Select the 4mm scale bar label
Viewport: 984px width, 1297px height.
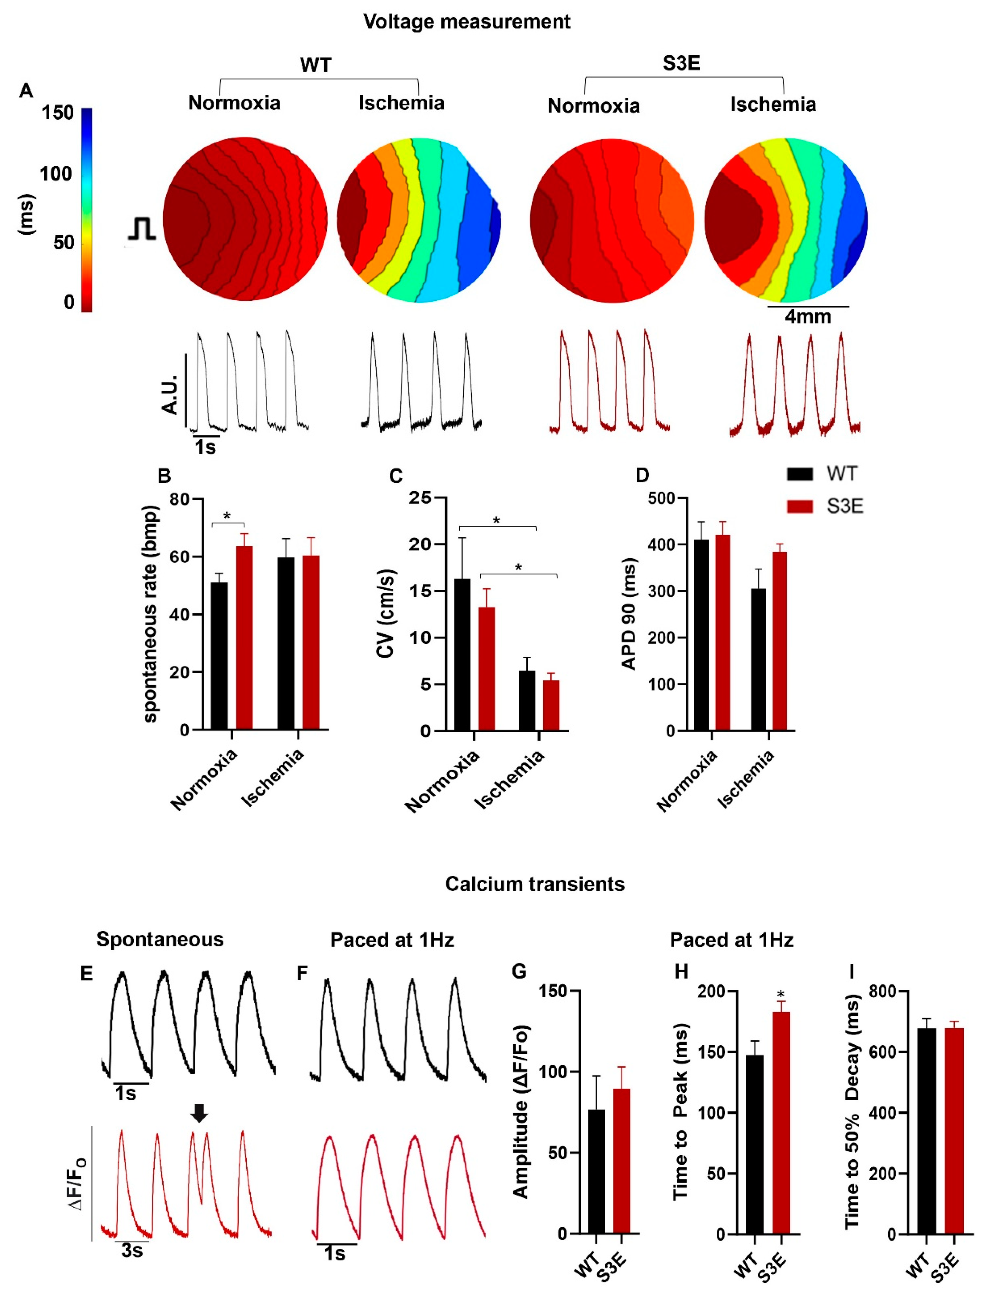coord(808,317)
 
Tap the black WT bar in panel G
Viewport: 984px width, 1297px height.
coord(597,1171)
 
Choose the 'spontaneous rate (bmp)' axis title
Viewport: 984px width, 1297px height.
coord(151,613)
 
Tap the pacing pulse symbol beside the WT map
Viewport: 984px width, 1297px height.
coord(142,229)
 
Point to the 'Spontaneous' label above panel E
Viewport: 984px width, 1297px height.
coord(160,939)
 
